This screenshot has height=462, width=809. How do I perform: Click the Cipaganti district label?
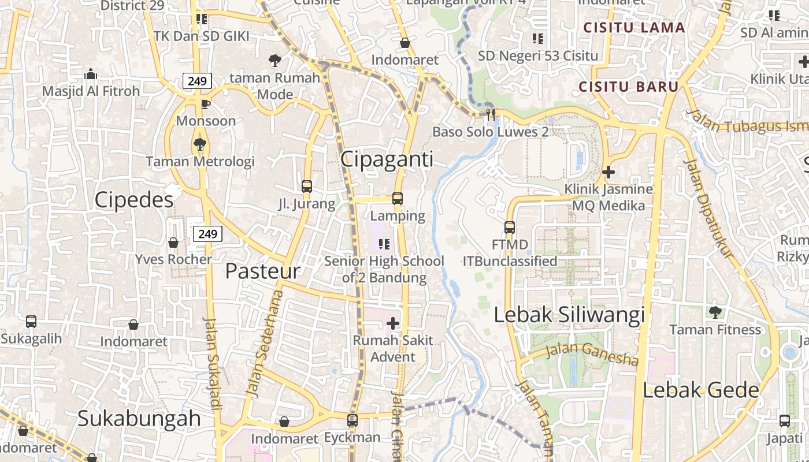(x=387, y=159)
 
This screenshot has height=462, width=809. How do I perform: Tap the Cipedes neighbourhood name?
(x=133, y=200)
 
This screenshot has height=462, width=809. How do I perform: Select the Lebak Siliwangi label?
(x=569, y=315)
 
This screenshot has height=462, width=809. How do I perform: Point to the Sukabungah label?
(x=139, y=418)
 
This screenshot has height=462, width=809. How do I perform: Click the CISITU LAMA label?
(x=634, y=28)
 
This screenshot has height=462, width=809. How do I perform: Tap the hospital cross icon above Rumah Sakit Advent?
(x=393, y=323)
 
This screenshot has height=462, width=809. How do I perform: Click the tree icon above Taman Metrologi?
(x=200, y=144)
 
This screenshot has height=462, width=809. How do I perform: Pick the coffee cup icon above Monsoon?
(x=205, y=104)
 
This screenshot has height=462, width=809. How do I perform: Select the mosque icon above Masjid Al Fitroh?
(x=91, y=74)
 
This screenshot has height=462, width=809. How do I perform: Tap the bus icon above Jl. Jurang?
(x=307, y=187)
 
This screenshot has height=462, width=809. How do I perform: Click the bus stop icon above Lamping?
(x=398, y=199)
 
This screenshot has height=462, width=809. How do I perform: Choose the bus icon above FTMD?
(x=510, y=228)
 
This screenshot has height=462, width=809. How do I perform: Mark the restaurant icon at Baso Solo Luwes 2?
(x=491, y=114)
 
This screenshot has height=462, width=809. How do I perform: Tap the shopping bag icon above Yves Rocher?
(x=173, y=243)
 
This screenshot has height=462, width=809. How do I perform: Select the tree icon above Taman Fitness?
(x=715, y=312)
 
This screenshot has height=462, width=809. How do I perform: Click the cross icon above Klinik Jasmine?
(x=608, y=172)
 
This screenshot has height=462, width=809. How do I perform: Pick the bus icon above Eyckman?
(x=352, y=420)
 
